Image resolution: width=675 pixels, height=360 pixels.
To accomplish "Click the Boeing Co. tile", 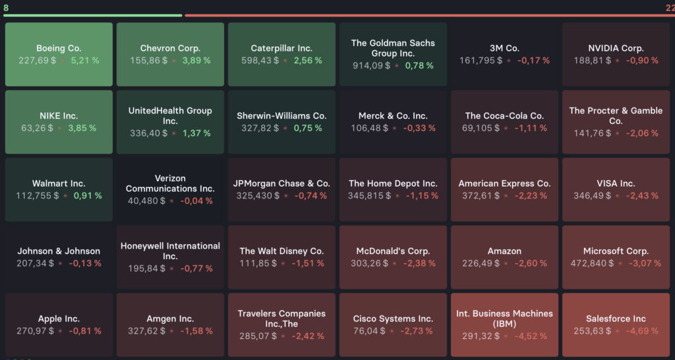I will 59,54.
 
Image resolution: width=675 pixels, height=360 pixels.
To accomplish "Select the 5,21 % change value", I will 85,61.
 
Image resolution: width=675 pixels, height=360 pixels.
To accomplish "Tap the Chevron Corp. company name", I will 170,48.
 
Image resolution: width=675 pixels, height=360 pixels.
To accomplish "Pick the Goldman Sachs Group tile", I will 393,54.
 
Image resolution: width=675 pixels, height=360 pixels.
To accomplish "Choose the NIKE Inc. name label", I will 59,116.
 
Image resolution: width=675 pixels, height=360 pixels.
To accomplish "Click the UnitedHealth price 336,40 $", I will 148,133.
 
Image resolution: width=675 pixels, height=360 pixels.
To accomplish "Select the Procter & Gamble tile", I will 616,122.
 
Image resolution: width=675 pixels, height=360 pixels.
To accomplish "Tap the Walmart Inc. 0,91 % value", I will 88,196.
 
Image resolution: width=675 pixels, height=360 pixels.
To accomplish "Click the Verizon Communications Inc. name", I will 170,183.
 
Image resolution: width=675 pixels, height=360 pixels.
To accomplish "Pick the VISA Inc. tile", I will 616,189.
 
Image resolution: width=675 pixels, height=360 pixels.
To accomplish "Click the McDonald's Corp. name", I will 393,251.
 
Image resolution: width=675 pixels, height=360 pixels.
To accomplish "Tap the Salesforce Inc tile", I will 616,324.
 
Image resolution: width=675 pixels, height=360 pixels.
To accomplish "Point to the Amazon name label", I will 504,251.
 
